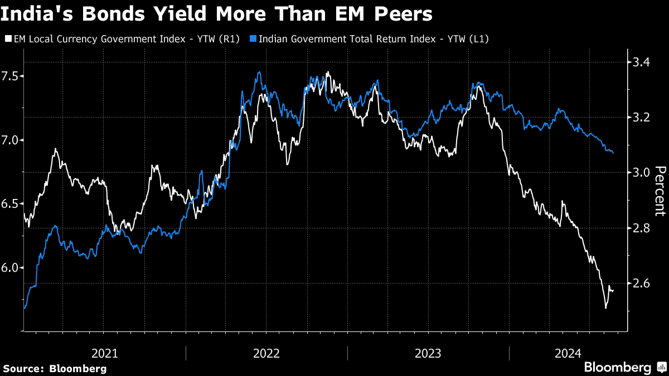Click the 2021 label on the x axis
click(104, 353)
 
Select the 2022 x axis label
click(266, 353)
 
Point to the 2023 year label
click(428, 353)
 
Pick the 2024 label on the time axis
click(569, 353)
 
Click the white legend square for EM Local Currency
click(7, 39)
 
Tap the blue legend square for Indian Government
click(253, 39)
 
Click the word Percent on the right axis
click(660, 191)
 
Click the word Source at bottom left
click(23, 368)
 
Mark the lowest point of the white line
click(605, 307)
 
